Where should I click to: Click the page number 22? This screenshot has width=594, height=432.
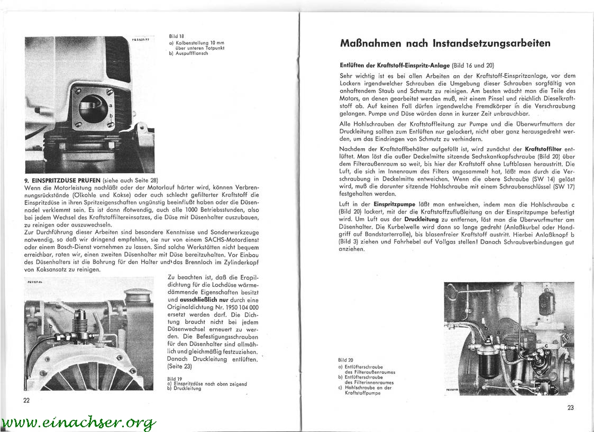click(26, 400)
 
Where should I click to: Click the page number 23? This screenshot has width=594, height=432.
click(570, 407)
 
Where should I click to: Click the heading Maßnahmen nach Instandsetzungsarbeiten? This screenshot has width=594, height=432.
click(445, 43)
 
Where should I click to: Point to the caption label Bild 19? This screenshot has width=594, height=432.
click(175, 379)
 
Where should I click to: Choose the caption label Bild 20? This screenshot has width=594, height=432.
click(346, 359)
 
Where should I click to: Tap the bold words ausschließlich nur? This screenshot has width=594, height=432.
click(197, 300)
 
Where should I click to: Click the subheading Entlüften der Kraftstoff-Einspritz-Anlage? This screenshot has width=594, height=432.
click(395, 65)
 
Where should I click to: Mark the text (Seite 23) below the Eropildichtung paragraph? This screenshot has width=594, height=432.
click(180, 366)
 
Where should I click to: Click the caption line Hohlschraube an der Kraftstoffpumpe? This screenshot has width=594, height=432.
click(370, 390)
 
